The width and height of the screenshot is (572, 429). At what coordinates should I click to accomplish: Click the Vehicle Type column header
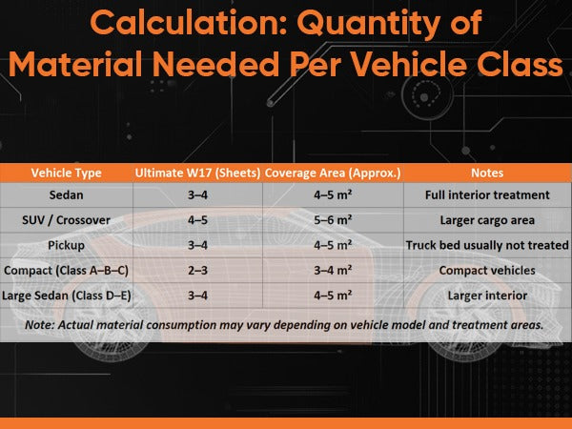click(66, 173)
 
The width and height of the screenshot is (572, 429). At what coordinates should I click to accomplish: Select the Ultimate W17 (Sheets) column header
click(197, 173)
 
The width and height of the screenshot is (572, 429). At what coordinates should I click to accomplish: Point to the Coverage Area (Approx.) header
click(333, 173)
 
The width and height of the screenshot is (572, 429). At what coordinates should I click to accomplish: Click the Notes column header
click(487, 173)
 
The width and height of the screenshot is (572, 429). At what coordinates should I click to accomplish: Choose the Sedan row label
click(66, 194)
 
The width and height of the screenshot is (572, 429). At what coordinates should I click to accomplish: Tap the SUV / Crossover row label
click(66, 220)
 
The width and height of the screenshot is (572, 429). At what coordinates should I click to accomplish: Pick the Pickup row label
click(66, 245)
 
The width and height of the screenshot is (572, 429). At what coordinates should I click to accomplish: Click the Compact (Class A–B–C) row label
click(66, 271)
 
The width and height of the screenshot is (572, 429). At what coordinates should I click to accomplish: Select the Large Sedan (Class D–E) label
click(66, 296)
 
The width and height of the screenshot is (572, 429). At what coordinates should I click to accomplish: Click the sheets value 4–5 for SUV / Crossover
click(197, 220)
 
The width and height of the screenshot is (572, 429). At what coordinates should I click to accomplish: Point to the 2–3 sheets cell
click(197, 271)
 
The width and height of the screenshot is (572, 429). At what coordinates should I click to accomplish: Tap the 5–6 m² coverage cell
click(333, 220)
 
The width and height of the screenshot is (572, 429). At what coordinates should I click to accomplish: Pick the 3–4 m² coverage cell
click(333, 271)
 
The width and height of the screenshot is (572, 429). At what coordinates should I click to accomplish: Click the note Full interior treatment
click(487, 194)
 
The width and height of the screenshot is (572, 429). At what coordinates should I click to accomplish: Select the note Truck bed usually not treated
click(487, 245)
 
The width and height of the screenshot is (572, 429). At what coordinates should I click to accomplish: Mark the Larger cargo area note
click(487, 220)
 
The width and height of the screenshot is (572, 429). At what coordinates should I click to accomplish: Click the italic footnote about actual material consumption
click(284, 325)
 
